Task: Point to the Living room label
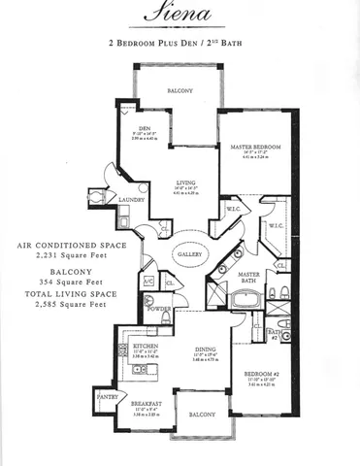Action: click(187, 182)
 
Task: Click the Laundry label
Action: click(132, 200)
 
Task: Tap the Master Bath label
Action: click(248, 277)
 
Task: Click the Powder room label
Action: click(160, 312)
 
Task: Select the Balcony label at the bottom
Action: click(202, 415)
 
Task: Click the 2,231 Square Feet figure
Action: click(65, 259)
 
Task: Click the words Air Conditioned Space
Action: click(66, 247)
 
